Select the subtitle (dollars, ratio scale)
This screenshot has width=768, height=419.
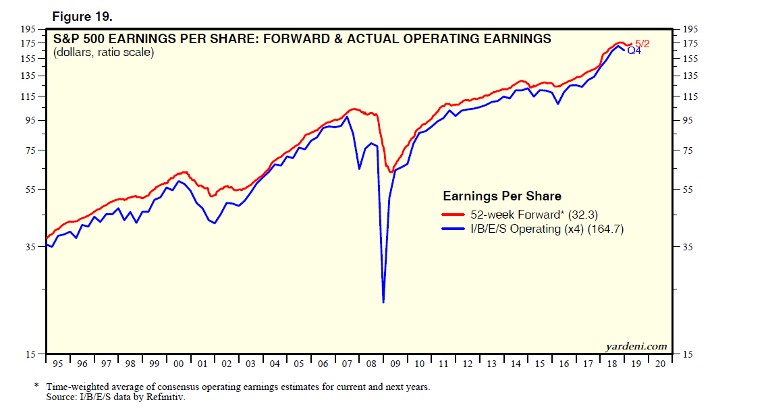pos(103,52)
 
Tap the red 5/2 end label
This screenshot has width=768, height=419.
pos(642,43)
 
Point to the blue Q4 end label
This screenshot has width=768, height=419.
pos(634,51)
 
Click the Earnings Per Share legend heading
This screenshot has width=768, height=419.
pos(501,196)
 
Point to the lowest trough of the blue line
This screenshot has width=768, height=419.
pos(383,302)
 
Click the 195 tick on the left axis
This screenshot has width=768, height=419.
pos(28,29)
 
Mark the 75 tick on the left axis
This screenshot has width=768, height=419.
pos(31,150)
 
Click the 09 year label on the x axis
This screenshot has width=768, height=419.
pos(395,364)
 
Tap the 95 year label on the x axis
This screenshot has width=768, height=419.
pos(57,364)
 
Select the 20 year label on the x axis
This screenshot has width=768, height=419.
pos(660,364)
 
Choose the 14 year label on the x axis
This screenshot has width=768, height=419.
pos(516,364)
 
